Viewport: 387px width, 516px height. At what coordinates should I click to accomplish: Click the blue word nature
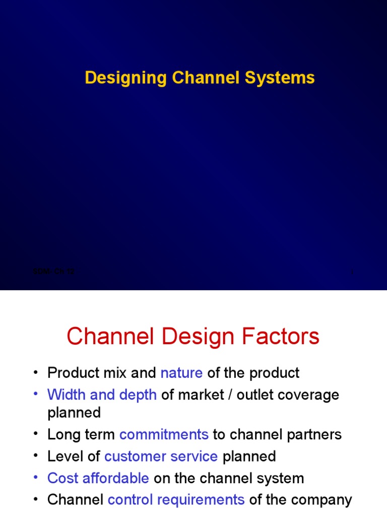[x=181, y=373]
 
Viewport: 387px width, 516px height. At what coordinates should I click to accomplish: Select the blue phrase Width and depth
[x=102, y=395]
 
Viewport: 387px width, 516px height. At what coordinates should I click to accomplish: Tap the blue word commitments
[x=164, y=434]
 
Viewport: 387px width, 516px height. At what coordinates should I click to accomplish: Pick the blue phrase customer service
[x=161, y=457]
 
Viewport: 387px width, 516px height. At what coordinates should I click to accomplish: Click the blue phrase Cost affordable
[x=98, y=478]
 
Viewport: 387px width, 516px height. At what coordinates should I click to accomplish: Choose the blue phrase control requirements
[x=176, y=499]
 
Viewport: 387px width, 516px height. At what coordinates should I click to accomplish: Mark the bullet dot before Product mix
[x=35, y=373]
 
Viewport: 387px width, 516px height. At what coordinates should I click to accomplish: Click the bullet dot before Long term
[x=35, y=434]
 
